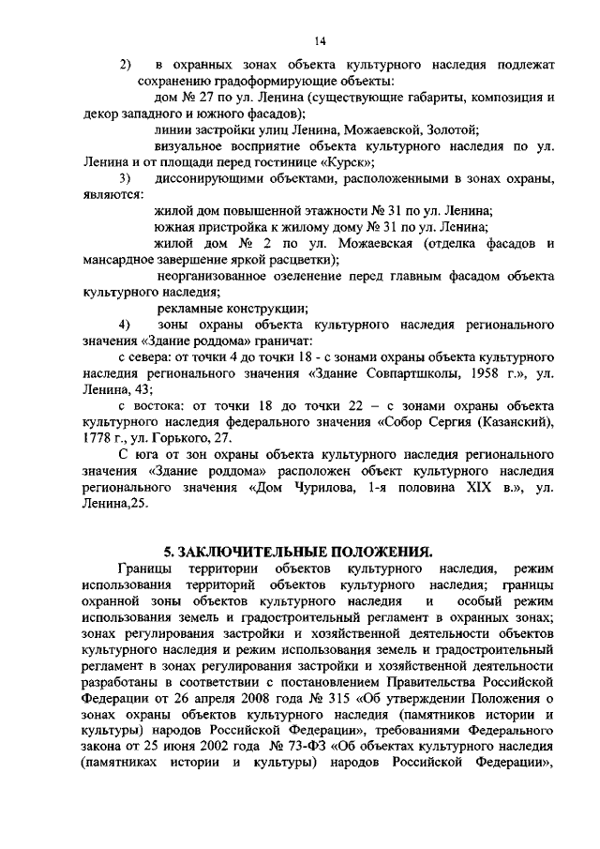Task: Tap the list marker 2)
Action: coord(125,65)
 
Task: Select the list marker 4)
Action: coord(125,324)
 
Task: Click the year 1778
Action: coord(100,437)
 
